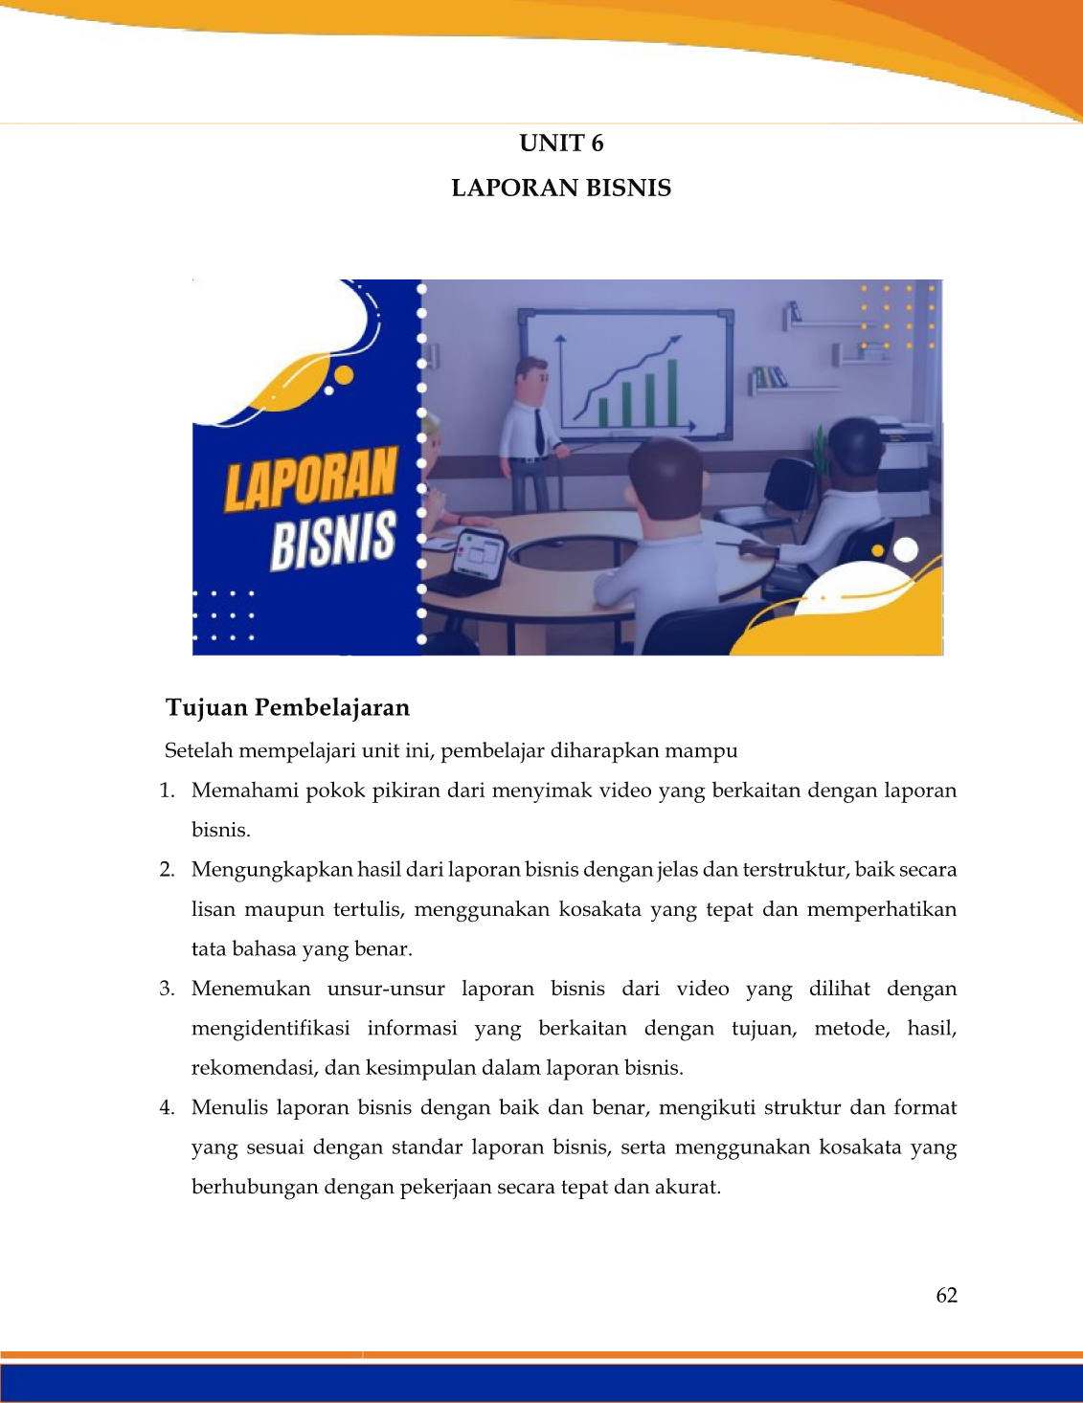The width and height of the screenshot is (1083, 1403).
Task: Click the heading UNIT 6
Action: pos(561,144)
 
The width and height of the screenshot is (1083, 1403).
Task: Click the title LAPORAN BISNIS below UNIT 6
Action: pos(561,188)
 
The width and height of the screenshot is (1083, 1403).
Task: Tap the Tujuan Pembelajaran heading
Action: pos(287,707)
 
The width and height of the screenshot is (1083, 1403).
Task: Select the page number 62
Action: pos(946,1295)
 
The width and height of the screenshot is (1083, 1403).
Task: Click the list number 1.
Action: pos(167,791)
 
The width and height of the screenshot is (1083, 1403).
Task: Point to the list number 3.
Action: pos(167,989)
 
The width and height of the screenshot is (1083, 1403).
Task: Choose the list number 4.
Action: pos(167,1107)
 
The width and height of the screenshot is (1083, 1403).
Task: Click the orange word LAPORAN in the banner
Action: pos(311,478)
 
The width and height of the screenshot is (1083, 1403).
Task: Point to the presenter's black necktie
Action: pos(539,431)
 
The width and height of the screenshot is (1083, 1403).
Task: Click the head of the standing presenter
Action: pos(531,379)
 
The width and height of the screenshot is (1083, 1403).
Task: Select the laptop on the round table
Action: pos(479,555)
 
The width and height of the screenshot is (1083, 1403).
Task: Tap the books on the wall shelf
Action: pos(769,377)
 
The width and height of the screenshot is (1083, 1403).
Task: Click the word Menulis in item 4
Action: pos(229,1107)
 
